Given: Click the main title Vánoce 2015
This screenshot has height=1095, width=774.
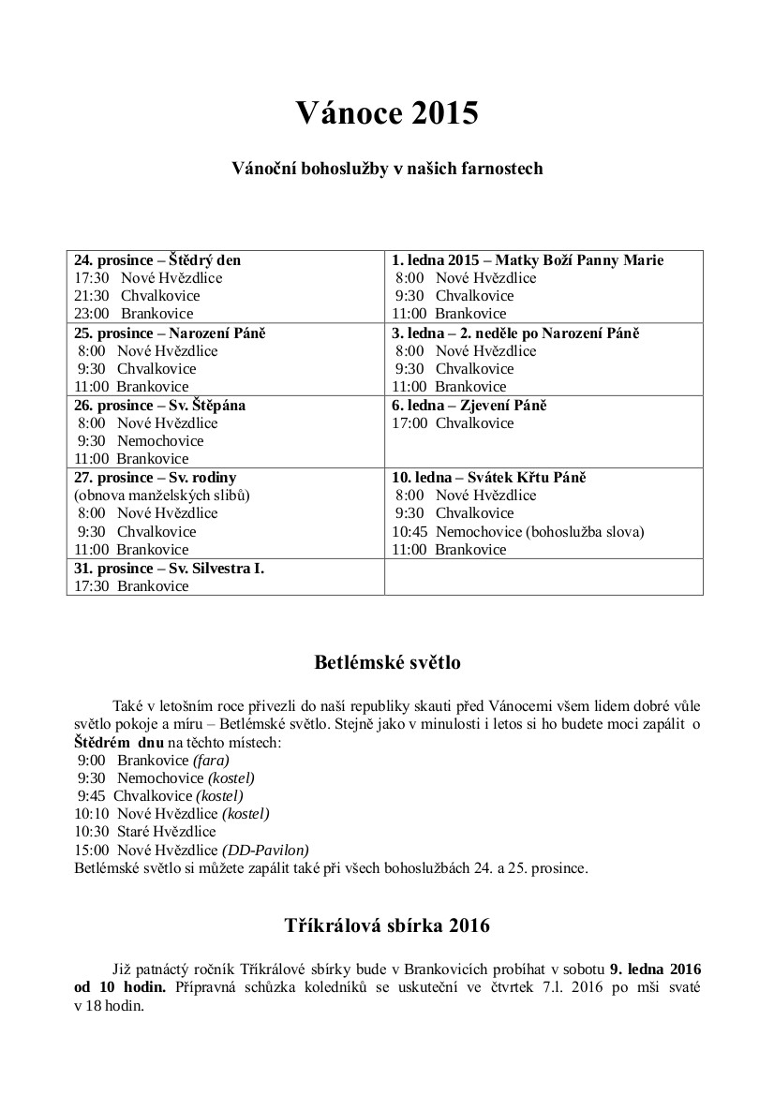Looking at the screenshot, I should [x=387, y=113].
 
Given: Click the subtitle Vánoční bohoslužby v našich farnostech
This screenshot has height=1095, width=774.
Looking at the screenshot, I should [x=387, y=170].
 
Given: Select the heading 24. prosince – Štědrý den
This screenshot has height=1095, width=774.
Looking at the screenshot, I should [x=157, y=260].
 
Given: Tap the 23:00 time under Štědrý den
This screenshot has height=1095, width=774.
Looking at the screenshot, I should [x=91, y=314].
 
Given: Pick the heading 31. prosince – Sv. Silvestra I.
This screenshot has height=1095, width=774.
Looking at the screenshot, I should [x=169, y=568].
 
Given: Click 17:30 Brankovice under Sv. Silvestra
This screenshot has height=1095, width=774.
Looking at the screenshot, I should [x=131, y=586].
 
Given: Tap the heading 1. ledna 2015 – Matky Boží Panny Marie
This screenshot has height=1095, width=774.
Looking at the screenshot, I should [x=528, y=260].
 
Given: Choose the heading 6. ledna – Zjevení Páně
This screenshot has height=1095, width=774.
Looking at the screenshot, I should [x=469, y=405].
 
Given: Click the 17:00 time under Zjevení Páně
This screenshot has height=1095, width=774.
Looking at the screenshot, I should [x=409, y=423].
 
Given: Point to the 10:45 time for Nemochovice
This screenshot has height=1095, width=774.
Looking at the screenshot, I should [x=409, y=532].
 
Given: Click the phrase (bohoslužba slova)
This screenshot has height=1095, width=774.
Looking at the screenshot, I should [x=585, y=532].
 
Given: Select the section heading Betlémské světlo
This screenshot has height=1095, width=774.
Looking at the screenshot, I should [x=387, y=663].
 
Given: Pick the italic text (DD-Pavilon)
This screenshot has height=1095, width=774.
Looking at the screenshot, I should [x=265, y=850].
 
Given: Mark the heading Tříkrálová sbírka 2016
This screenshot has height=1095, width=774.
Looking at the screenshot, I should [x=387, y=925].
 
